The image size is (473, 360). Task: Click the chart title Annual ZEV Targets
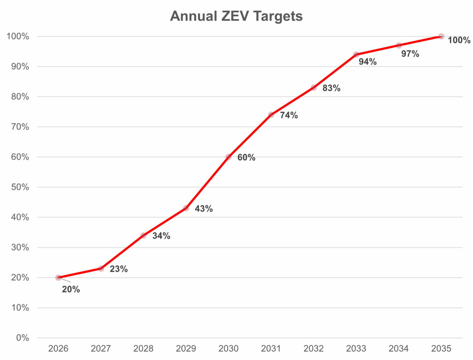pos(236,16)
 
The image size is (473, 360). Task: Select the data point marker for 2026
pos(59,278)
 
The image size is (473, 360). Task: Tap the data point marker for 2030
pos(229,157)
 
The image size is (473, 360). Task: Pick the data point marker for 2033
pos(356,54)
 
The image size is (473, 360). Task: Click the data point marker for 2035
pos(441,36)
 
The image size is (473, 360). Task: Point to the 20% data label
pos(71,289)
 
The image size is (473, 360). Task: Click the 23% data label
pos(119,269)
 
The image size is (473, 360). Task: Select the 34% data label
pos(161,236)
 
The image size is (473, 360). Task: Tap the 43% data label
pos(203,209)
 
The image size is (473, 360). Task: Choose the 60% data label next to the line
pos(246,158)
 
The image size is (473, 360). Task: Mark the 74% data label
pos(289,115)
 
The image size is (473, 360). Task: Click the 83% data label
pos(332,88)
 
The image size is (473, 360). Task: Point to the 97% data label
pos(410,54)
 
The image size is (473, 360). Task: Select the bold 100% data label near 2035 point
pos(459,40)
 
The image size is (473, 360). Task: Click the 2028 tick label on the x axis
pos(143,349)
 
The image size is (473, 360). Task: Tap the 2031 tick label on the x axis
pos(271,349)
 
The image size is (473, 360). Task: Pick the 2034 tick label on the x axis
pos(399,349)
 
